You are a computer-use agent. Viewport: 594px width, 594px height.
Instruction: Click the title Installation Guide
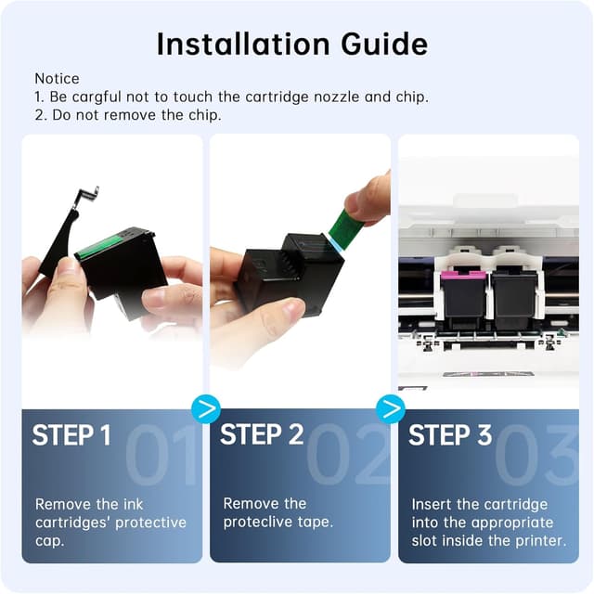[291, 44]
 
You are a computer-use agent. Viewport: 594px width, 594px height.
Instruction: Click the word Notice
[57, 79]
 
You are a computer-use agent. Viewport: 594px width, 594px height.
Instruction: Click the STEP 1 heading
[71, 435]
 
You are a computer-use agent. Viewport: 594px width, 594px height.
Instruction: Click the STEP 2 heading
[262, 435]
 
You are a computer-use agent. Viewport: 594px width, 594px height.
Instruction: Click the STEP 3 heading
[451, 435]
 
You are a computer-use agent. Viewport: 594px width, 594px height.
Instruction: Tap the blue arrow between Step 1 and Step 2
[204, 407]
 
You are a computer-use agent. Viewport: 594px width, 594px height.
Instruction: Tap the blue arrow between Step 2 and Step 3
[391, 407]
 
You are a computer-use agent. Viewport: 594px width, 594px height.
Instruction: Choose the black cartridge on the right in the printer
[513, 302]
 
